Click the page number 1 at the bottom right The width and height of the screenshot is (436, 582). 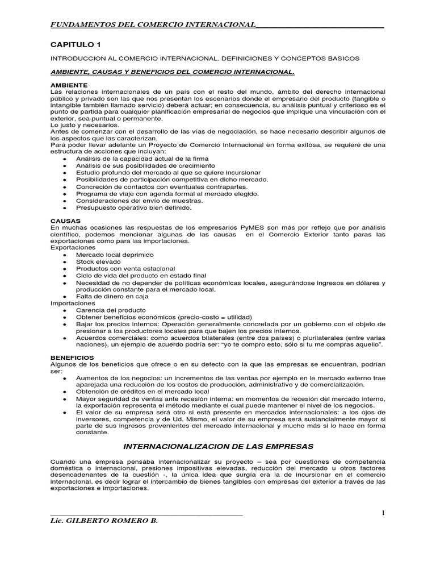point(383,513)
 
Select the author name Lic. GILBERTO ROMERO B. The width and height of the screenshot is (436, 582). point(103,522)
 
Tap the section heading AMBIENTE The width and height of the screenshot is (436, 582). point(68,84)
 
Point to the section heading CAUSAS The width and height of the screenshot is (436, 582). point(65,220)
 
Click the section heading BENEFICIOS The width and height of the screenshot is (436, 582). point(73,357)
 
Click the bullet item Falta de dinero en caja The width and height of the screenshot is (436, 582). point(111,296)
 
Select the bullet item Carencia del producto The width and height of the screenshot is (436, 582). point(111,310)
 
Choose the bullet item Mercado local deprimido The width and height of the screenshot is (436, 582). point(115,255)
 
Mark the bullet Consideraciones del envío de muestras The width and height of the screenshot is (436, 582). point(139,201)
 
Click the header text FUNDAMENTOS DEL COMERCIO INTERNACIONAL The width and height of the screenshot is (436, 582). point(153,24)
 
